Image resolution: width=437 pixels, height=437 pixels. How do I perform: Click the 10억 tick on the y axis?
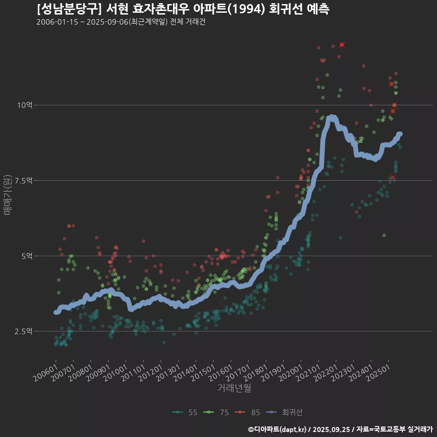click(25, 105)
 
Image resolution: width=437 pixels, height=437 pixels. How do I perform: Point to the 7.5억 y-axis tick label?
click(24, 181)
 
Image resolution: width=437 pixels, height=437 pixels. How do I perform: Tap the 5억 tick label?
click(26, 256)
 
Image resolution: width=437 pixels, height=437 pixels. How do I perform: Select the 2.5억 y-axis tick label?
click(24, 331)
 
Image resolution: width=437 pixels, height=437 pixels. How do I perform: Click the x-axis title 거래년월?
click(234, 388)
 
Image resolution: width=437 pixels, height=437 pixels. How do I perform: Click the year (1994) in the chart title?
click(246, 9)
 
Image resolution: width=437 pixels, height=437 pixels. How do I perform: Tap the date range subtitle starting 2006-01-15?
click(121, 22)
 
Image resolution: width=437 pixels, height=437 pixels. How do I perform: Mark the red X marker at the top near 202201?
click(342, 45)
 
